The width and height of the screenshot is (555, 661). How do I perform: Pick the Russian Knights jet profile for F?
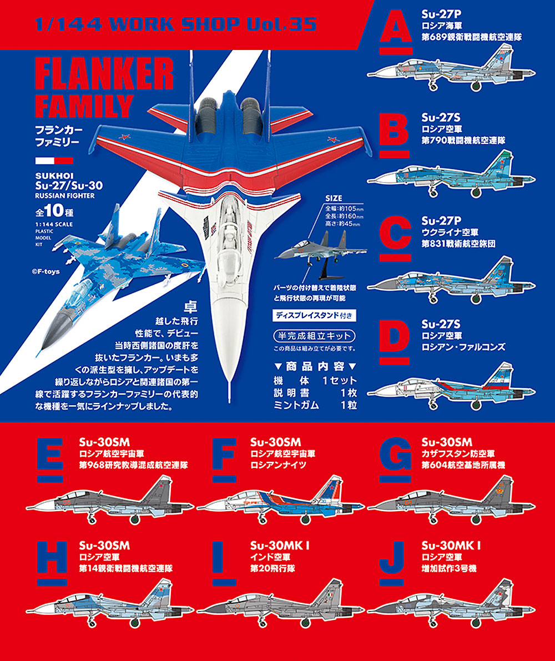278,499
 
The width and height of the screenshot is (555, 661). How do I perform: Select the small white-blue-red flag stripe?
53,161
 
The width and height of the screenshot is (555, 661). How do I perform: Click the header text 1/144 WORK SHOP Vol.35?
175,24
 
